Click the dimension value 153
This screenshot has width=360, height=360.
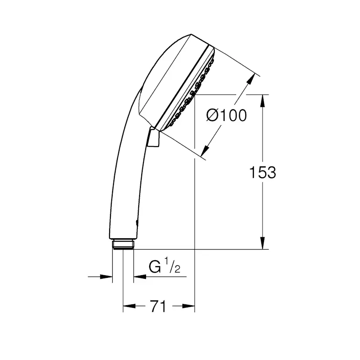tap(262, 173)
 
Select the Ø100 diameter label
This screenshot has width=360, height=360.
tap(226, 116)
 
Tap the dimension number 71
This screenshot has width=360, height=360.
tap(158, 307)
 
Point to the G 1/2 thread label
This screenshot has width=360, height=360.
tap(164, 267)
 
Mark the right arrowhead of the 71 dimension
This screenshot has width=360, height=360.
tap(189, 307)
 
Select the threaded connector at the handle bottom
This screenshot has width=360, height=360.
tap(123, 244)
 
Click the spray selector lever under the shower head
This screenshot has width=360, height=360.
tap(153, 138)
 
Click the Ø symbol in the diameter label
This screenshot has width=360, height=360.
tap(212, 116)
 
